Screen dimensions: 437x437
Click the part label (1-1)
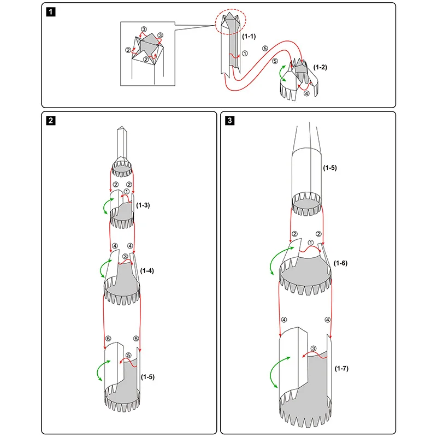click(x=249, y=36)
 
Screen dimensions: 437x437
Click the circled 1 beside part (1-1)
click(x=245, y=54)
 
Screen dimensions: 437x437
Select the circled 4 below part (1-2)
click(x=306, y=93)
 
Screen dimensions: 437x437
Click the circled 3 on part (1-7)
click(x=314, y=349)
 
